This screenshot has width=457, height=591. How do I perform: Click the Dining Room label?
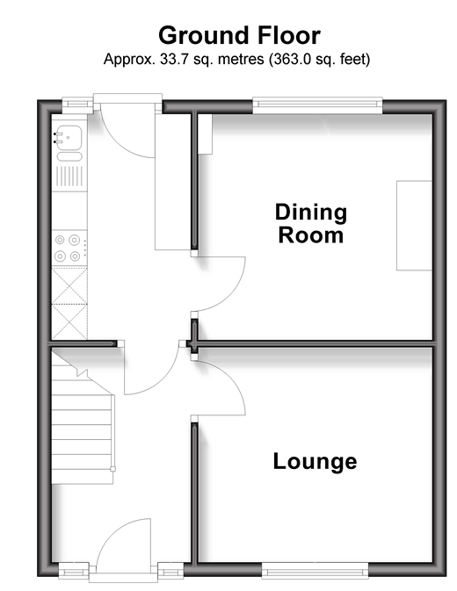[x=311, y=224]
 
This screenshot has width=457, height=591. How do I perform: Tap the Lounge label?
[x=315, y=461]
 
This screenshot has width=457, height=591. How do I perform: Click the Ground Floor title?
[x=239, y=35]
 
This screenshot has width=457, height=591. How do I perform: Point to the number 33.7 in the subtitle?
[x=174, y=59]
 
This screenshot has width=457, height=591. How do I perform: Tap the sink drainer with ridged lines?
[x=69, y=176]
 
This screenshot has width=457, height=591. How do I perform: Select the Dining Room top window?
[x=317, y=105]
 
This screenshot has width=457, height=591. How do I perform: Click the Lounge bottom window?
[x=315, y=570]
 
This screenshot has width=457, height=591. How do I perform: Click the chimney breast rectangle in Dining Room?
[x=414, y=226]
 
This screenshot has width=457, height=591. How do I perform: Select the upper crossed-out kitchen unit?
[x=69, y=285]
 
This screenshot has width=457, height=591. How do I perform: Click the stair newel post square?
[x=112, y=469]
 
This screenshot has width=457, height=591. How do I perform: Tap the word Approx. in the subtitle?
[x=129, y=60]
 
